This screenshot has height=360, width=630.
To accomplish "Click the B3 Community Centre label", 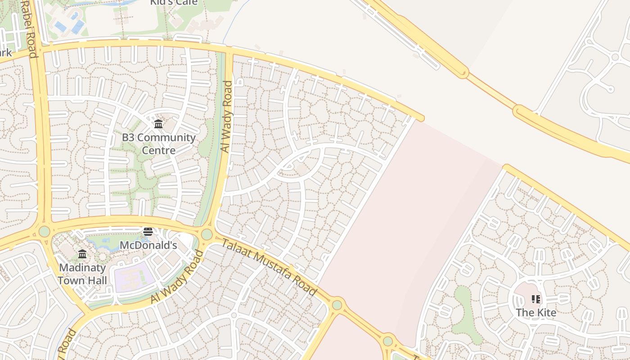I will click(x=159, y=144).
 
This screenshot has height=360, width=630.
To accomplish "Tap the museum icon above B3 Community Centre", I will click(x=158, y=124).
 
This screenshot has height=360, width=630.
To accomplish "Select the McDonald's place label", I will click(x=148, y=245).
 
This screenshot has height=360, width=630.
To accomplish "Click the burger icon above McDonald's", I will click(x=148, y=232).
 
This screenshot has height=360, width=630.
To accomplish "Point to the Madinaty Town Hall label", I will click(x=82, y=274).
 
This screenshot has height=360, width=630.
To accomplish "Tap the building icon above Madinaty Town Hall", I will click(x=82, y=254).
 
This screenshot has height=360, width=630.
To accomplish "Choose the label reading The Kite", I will click(x=536, y=313).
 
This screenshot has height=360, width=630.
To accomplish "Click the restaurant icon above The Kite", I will click(x=535, y=299).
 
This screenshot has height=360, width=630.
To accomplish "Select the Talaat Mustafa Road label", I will click(x=269, y=267).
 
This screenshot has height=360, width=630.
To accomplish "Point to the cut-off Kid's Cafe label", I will click(x=174, y=3).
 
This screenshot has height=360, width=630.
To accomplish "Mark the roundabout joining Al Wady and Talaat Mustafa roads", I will click(x=207, y=234).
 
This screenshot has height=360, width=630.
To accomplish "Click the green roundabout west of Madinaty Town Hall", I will click(x=44, y=231).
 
